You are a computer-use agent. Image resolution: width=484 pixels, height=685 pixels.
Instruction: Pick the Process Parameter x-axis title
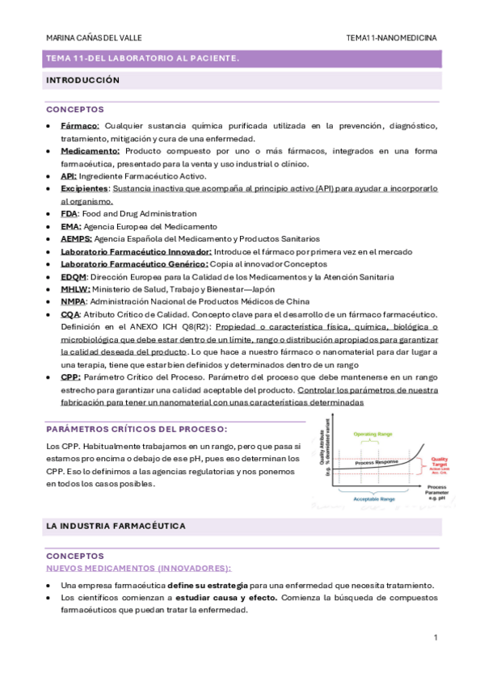pos(436,490)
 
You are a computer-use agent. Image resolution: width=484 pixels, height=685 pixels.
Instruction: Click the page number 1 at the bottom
pos(436,638)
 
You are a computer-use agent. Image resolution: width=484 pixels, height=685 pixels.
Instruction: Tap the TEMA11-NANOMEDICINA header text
pos(391,37)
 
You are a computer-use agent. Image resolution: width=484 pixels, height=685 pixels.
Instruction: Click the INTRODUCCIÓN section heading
pos(83,81)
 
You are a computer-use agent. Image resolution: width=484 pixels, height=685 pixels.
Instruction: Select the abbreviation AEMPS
pos(76,238)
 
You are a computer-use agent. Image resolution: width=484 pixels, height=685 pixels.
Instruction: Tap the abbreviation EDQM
pos(74,276)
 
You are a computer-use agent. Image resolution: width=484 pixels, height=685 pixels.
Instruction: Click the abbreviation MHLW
pos(74,288)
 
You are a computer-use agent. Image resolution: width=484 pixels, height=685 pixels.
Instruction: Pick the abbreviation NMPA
pos(74,301)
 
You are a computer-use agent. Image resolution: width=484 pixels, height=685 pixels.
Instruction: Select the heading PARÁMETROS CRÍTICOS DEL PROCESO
pos(137,428)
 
